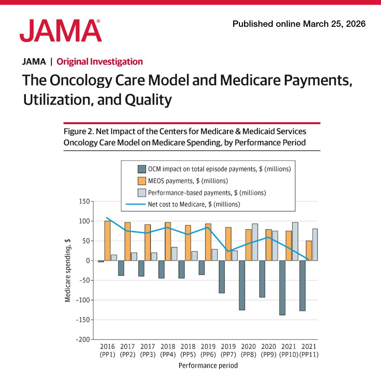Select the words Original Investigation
click(x=100, y=62)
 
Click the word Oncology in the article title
click(x=77, y=80)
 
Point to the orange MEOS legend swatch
click(x=142, y=181)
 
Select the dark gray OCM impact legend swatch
click(x=142, y=169)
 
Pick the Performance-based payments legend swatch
click(x=142, y=193)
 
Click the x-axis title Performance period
click(x=208, y=365)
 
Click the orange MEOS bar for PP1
click(x=107, y=241)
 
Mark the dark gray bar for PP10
click(x=282, y=288)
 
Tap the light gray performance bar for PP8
click(x=255, y=242)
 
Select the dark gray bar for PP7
click(x=222, y=277)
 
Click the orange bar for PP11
click(x=309, y=251)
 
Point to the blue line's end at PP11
click(x=309, y=260)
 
